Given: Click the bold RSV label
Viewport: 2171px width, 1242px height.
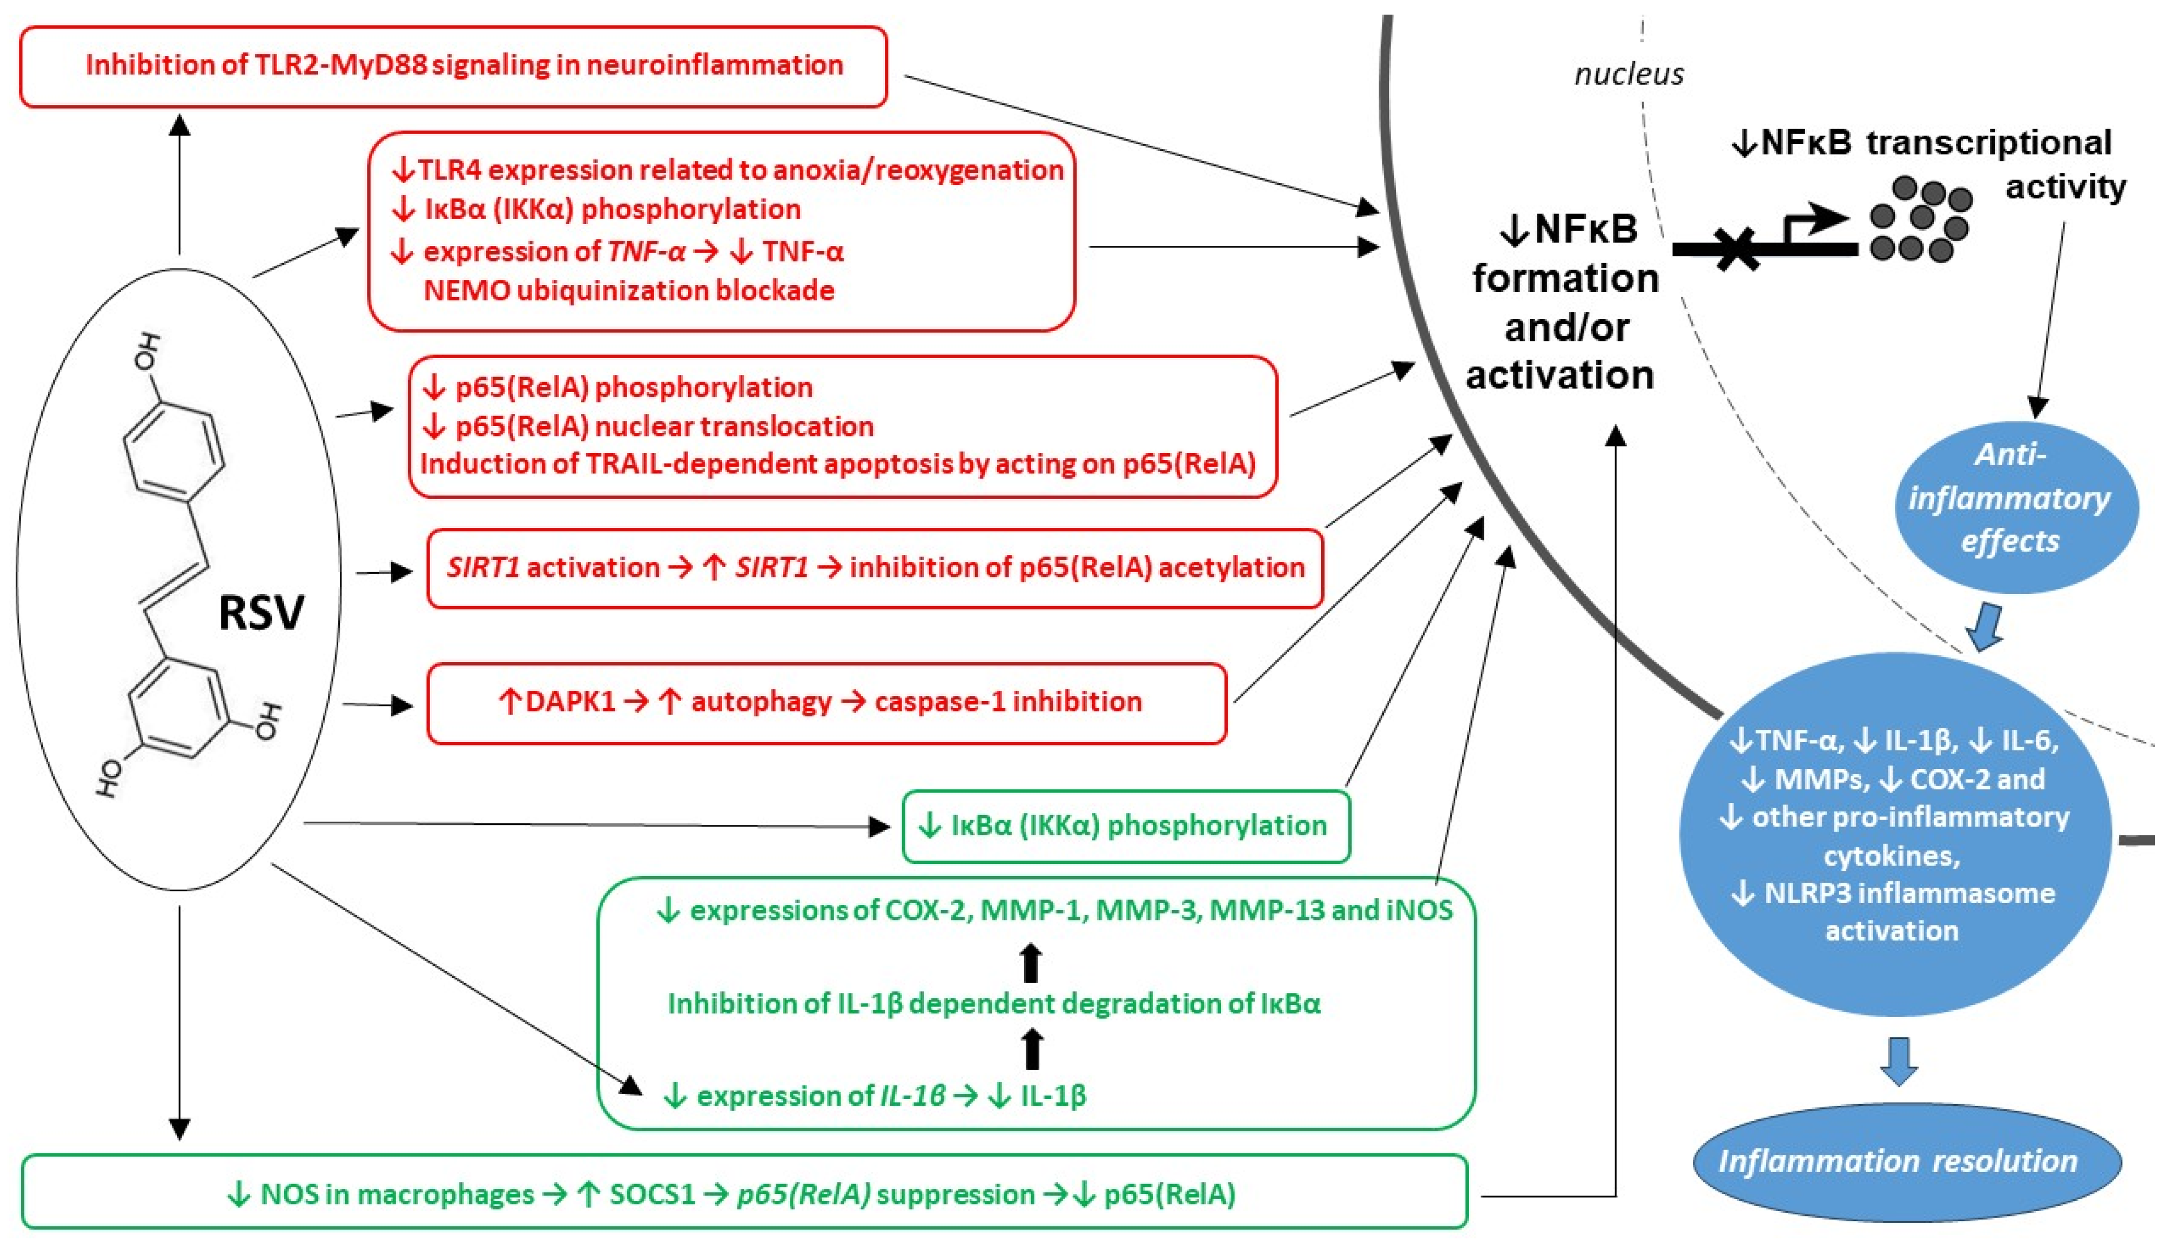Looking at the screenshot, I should (261, 612).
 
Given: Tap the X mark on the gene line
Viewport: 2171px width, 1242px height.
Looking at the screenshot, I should (1736, 250).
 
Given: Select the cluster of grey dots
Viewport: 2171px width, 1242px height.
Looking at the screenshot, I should (1920, 219).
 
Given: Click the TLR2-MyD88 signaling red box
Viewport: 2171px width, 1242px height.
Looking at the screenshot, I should (454, 66).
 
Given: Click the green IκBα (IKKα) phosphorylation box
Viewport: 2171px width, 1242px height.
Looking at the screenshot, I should (1125, 826).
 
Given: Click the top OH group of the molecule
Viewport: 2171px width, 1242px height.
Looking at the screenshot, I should (147, 351).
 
